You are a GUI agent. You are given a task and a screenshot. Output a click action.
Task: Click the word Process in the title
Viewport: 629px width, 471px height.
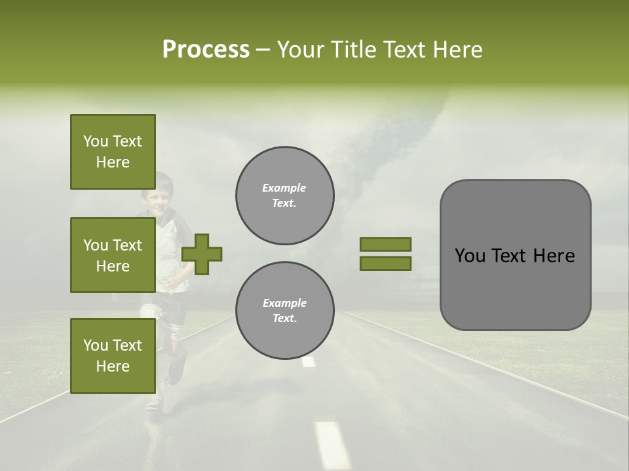pos(206,50)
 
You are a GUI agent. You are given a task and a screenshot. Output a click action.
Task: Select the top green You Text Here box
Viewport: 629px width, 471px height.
pos(113,152)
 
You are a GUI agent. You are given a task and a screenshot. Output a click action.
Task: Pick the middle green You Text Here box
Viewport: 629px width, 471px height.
pos(113,255)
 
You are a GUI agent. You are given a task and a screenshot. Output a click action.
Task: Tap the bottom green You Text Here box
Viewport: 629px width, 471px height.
pos(113,356)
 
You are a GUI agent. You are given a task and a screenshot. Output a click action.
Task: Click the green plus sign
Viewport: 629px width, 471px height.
pos(202,254)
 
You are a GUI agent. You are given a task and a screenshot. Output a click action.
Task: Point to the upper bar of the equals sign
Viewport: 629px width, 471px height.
pos(385,244)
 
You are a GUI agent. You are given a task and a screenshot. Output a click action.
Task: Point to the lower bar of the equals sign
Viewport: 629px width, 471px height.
pos(385,263)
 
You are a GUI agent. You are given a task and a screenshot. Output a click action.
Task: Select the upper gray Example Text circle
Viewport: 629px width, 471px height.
pos(284,195)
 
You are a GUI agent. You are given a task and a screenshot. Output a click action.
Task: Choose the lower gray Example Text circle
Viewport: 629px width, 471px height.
pos(284,310)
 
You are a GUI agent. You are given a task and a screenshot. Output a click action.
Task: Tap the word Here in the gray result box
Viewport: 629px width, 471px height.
pos(554,256)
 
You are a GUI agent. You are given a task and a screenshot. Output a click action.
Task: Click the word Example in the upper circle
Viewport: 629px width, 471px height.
pos(284,188)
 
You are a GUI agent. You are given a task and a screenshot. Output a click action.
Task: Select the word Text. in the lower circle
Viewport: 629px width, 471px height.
pos(284,319)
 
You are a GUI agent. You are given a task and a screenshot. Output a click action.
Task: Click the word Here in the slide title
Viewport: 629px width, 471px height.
pos(458,50)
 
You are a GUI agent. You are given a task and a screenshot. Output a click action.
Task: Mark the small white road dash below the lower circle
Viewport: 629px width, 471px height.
pos(309,361)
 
